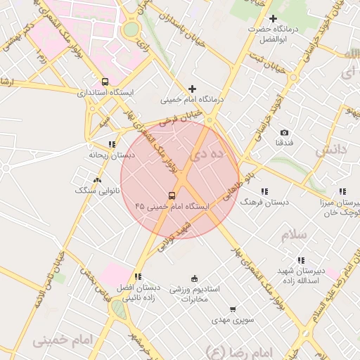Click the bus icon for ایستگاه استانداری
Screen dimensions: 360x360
click(105, 82)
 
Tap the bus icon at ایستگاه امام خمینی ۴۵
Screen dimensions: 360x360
click(172, 195)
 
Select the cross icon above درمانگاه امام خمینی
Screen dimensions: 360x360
click(192, 89)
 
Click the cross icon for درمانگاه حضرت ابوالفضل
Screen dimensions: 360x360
click(274, 19)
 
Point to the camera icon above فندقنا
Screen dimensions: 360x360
click(284, 132)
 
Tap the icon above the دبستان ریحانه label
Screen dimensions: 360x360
click(112, 144)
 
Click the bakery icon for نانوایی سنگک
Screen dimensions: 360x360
click(97, 180)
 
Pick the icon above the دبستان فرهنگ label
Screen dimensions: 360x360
click(264, 191)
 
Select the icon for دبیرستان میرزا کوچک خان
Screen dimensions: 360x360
click(342, 191)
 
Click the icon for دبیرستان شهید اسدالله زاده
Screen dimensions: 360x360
click(301, 260)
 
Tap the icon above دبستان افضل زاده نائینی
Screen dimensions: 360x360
click(138, 277)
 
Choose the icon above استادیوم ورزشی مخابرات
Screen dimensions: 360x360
click(195, 278)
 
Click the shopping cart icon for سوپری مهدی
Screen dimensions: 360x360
click(233, 309)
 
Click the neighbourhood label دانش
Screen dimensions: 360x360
click(332, 150)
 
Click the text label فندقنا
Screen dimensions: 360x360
click(284, 143)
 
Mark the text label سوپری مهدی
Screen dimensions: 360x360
click(233, 320)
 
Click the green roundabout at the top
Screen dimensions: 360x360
click(131, 30)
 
